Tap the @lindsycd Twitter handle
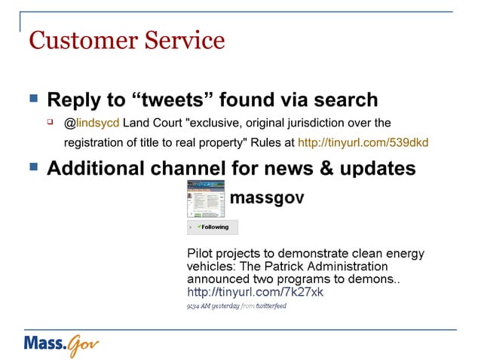91,122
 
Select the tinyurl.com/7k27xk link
255,292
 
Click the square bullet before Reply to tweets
32,99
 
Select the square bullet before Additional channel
32,166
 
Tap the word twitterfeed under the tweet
271,306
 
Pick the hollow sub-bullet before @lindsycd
51,121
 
